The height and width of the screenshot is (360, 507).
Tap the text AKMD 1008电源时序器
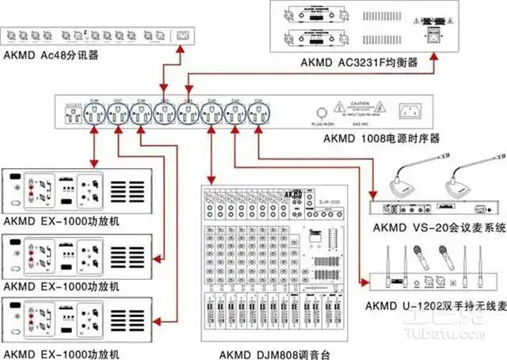[x=382, y=138]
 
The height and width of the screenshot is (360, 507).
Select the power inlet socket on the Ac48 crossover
[x=183, y=35]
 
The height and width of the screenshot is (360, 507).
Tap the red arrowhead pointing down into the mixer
[x=210, y=180]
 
